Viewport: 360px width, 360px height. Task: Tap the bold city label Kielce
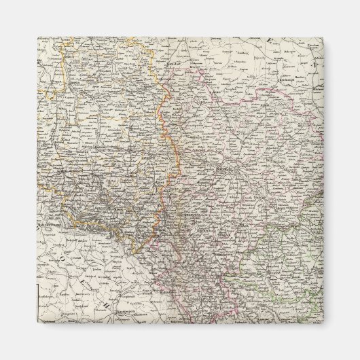click(x=223, y=165)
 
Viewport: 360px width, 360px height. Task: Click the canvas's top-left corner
click(x=37, y=37)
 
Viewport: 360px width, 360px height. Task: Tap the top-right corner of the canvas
click(x=323, y=37)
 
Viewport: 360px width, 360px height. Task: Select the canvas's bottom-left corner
click(x=37, y=323)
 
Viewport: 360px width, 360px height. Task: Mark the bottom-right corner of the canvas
click(x=323, y=323)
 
